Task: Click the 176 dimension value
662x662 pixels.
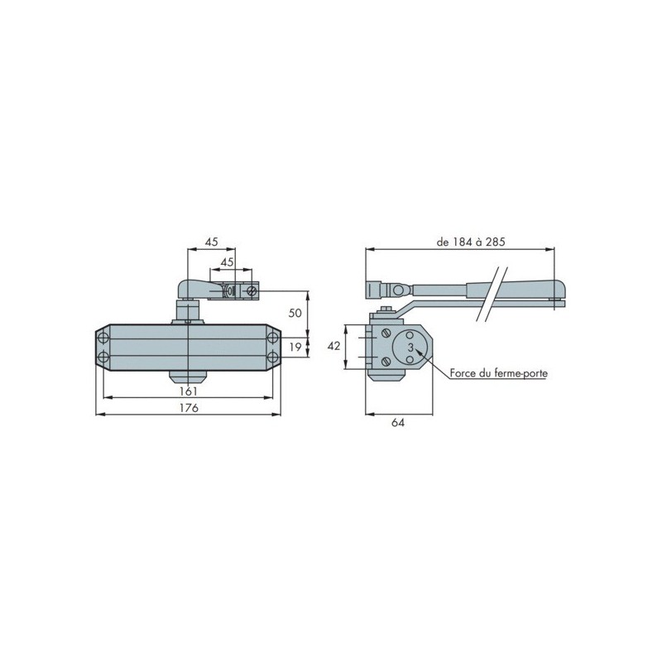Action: point(189,408)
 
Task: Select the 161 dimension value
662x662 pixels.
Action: point(189,391)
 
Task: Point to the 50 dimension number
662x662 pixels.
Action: point(295,313)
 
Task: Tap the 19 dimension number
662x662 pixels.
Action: point(295,347)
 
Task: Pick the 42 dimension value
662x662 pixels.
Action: point(333,346)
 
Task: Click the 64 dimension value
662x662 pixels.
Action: point(398,423)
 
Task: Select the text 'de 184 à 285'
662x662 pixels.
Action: point(471,242)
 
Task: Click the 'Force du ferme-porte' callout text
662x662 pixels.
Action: point(499,373)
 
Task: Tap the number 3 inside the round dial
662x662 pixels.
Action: point(410,348)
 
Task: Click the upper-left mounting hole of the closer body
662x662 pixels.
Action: point(103,338)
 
